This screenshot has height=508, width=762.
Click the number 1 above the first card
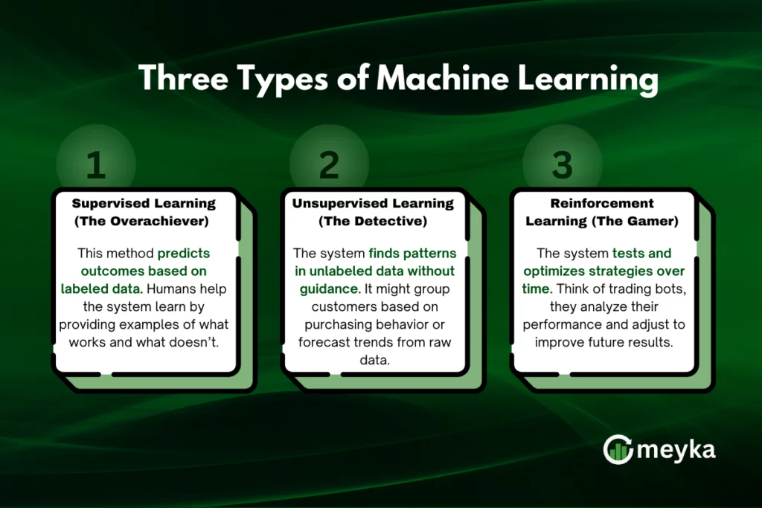click(95, 166)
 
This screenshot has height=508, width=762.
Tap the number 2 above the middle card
click(329, 166)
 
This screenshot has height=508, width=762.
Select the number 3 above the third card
click(563, 166)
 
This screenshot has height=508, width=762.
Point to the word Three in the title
click(181, 79)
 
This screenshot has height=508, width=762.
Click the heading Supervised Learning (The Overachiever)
click(144, 212)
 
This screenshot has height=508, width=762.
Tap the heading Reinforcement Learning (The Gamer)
click(602, 212)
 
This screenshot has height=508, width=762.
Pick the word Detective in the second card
click(394, 221)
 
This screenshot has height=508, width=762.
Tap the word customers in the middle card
click(336, 307)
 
